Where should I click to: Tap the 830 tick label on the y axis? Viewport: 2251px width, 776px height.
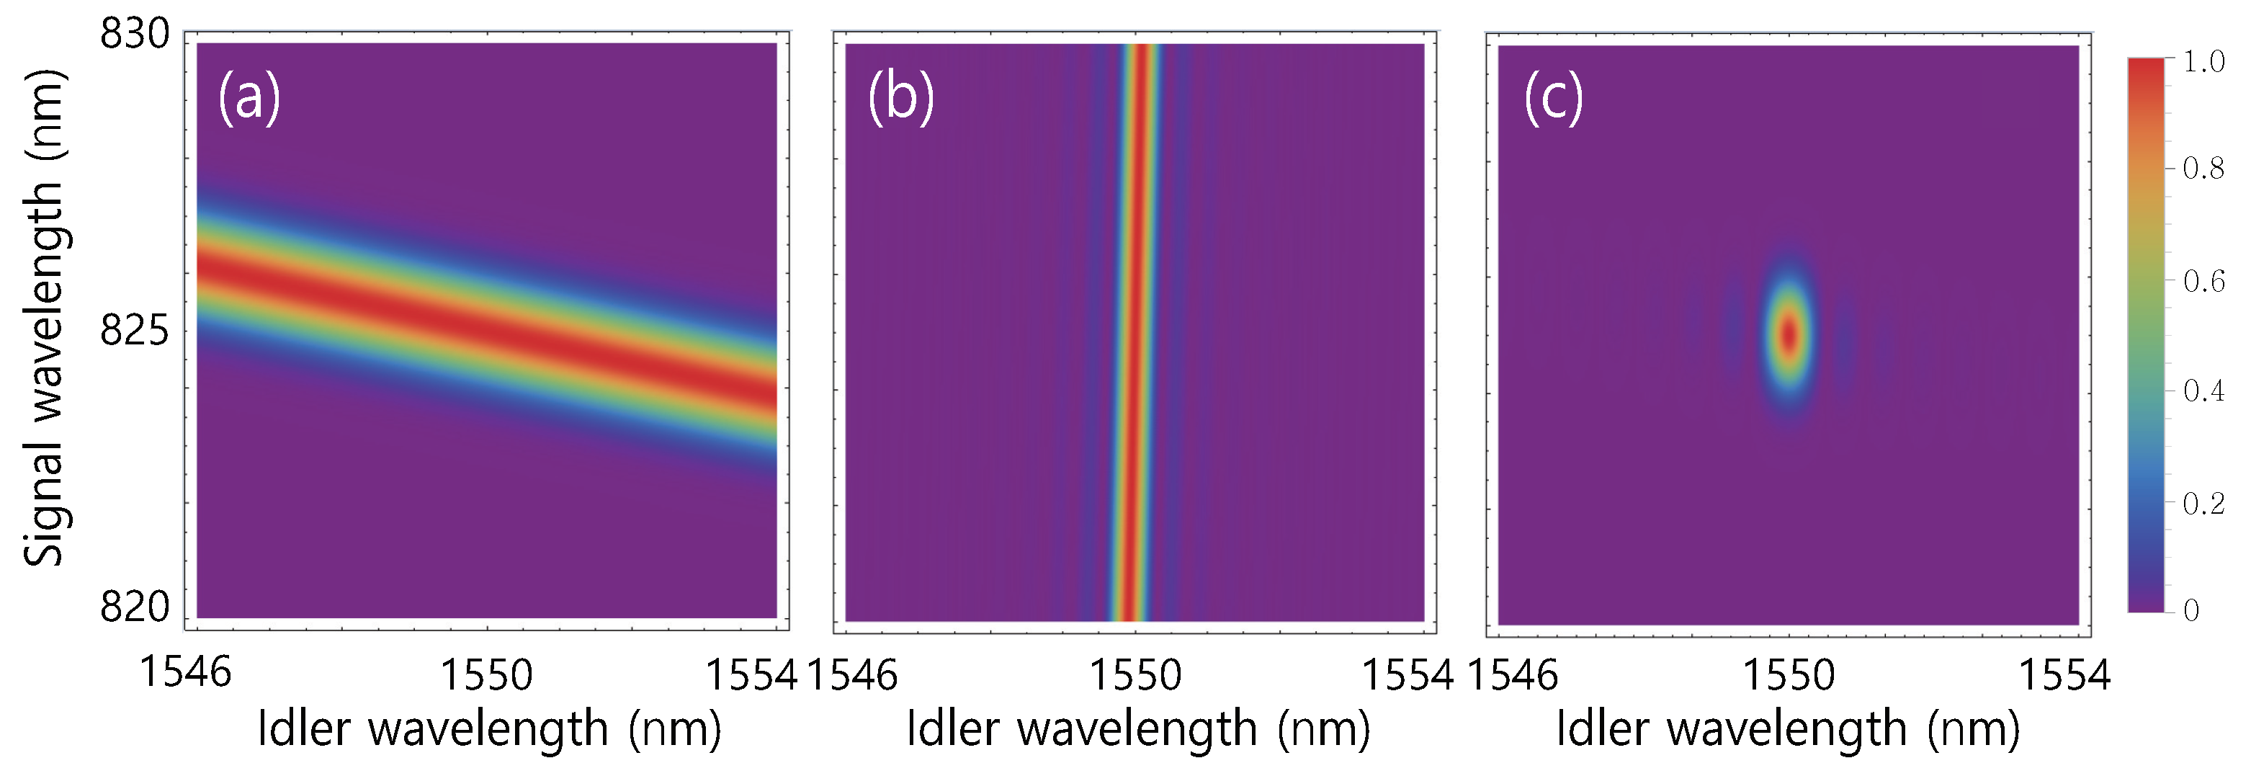click(135, 35)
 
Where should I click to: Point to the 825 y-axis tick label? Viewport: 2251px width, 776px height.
click(135, 331)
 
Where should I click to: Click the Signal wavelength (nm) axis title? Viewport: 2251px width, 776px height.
click(44, 319)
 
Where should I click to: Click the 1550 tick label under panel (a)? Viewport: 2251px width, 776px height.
click(485, 674)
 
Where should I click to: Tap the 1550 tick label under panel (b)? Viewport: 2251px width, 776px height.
click(1135, 674)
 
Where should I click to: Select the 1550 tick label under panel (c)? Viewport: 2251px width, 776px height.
click(1789, 674)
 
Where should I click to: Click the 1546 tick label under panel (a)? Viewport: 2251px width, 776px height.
click(185, 673)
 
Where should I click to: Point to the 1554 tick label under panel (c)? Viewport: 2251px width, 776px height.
click(2064, 674)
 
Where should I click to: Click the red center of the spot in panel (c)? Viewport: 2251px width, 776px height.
click(1789, 335)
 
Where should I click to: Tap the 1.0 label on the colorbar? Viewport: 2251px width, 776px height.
click(2203, 62)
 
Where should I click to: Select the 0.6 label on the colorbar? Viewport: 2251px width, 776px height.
click(2203, 282)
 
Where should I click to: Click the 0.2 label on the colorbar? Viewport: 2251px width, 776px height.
click(2203, 504)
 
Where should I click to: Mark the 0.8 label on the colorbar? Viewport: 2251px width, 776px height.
click(2203, 168)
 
